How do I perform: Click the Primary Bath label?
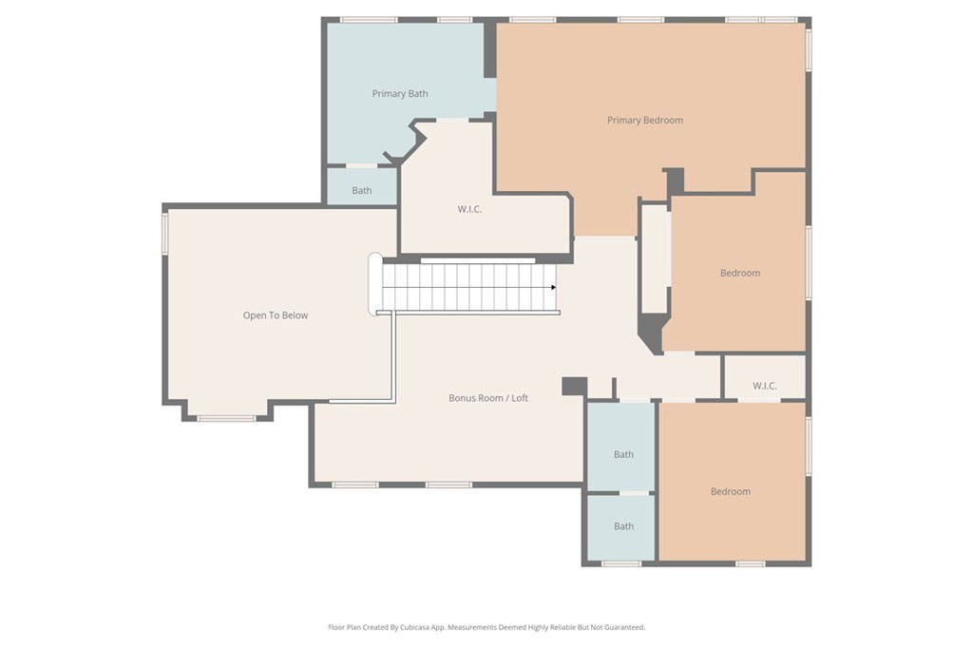coord(399,93)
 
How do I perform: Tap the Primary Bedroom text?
coord(645,120)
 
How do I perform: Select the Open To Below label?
coord(276,315)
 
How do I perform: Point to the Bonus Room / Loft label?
coord(488,398)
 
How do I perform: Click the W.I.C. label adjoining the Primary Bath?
coord(469,209)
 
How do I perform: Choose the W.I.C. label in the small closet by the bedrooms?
coord(765,386)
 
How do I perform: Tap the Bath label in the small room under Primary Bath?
coord(362,190)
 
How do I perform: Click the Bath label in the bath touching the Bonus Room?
coord(623,454)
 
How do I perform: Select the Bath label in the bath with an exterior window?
coord(623,526)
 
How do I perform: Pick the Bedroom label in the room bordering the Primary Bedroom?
coord(740,273)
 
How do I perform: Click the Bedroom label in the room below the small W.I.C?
coord(731,491)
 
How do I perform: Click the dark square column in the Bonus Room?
coord(574,386)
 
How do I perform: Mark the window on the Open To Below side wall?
coord(164,233)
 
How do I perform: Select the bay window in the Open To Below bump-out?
coord(226,417)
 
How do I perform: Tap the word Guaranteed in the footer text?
coord(623,627)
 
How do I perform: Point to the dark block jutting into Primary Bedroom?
coord(674,181)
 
